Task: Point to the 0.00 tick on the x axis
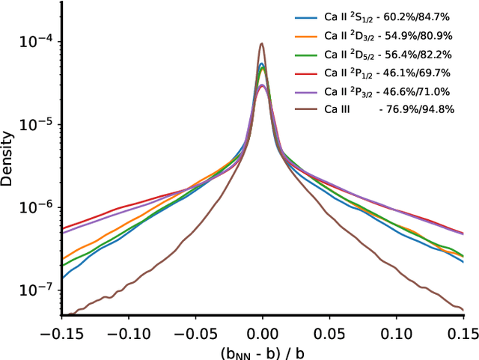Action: (x=262, y=329)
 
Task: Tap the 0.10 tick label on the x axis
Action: (x=397, y=329)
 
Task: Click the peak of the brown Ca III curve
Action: (x=262, y=43)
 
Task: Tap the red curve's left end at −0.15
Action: (x=62, y=228)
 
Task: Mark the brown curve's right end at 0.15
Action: (x=464, y=308)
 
